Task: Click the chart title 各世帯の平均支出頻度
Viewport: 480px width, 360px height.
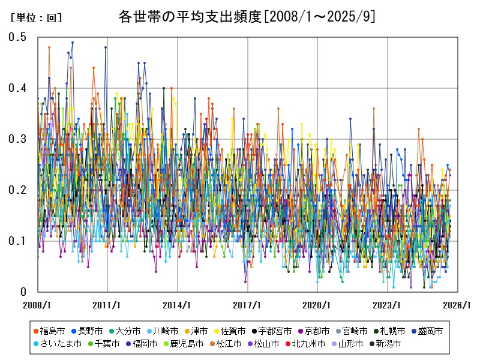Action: [x=247, y=17]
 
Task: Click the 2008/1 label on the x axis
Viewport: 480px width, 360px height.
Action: [x=38, y=305]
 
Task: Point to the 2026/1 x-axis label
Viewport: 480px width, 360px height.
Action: [x=457, y=305]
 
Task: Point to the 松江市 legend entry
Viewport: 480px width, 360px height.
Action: [x=228, y=344]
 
